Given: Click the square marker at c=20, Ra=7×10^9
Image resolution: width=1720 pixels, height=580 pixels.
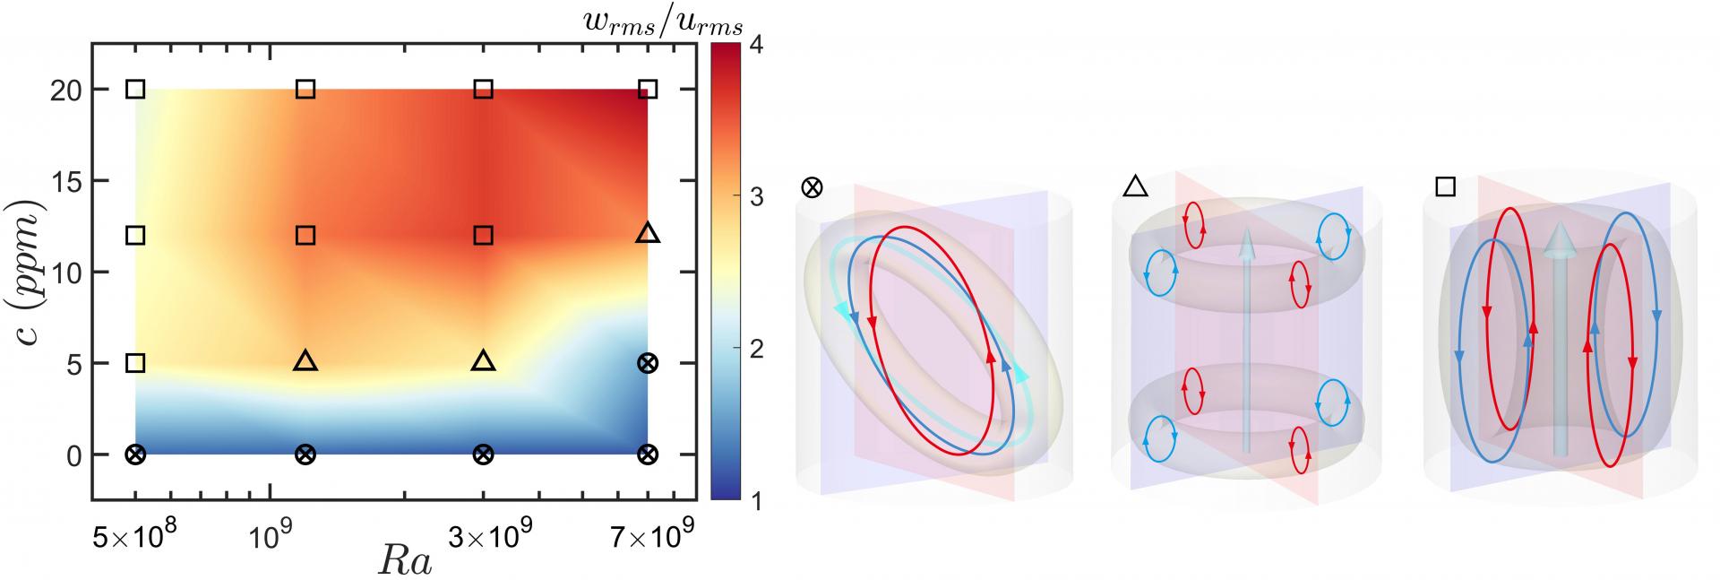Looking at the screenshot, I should point(648,89).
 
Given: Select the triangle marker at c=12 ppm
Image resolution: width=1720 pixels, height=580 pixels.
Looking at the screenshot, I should point(648,234).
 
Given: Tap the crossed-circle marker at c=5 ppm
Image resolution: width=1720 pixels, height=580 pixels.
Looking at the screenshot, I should point(648,363).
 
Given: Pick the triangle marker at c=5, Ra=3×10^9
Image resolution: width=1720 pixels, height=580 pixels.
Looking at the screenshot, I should point(484,362).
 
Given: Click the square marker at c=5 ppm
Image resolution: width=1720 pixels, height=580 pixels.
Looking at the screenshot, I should point(135,363).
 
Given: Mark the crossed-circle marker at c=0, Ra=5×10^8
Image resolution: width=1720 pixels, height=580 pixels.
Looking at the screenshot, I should point(135,454).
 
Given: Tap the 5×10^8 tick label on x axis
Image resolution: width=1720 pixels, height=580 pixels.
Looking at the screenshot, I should point(134,539).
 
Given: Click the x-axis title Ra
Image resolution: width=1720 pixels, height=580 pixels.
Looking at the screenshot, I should point(404,560).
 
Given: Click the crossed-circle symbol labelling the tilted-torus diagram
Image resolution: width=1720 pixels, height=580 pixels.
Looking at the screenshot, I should point(812,188).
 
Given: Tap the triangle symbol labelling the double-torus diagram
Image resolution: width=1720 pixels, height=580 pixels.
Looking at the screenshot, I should point(1135,186).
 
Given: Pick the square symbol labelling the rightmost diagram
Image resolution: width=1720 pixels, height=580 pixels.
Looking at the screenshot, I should point(1445,186).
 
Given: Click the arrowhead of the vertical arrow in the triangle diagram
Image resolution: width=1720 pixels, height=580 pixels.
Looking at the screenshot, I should point(1245,238).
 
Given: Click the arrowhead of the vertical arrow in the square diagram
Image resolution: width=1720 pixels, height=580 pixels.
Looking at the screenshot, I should point(1561,237).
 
